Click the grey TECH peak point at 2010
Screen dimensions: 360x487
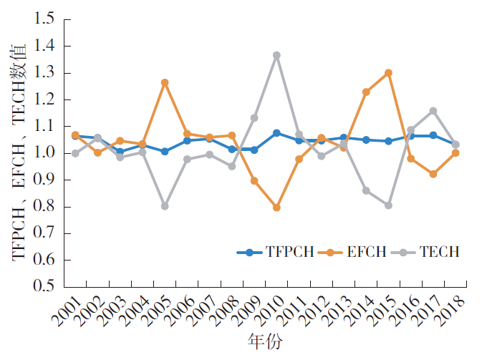[x=276, y=55]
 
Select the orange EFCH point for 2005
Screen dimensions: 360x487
[x=165, y=83]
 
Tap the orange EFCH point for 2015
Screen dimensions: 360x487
[x=388, y=73]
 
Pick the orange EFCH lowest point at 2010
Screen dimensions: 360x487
[x=276, y=208]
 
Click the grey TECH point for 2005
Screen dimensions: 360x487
[x=165, y=206]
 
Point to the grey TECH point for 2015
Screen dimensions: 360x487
[x=388, y=205]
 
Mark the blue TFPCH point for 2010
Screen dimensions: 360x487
[x=276, y=133]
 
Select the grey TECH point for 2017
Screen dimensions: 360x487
[x=433, y=111]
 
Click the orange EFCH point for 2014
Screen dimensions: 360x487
[x=366, y=92]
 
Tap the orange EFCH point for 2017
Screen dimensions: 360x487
[x=433, y=174]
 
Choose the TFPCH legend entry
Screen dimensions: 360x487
[x=276, y=252]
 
